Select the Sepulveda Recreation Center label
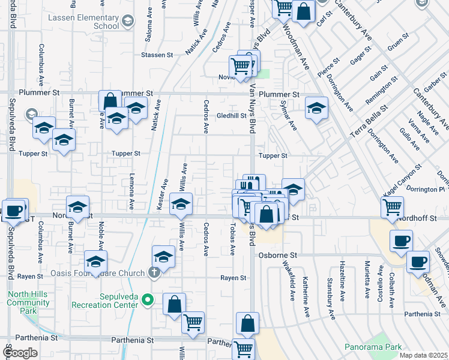(x=106, y=300)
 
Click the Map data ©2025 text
(x=423, y=355)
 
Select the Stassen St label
(x=157, y=55)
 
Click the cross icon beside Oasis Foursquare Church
(x=154, y=272)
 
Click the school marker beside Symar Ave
(x=316, y=108)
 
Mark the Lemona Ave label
(x=131, y=192)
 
